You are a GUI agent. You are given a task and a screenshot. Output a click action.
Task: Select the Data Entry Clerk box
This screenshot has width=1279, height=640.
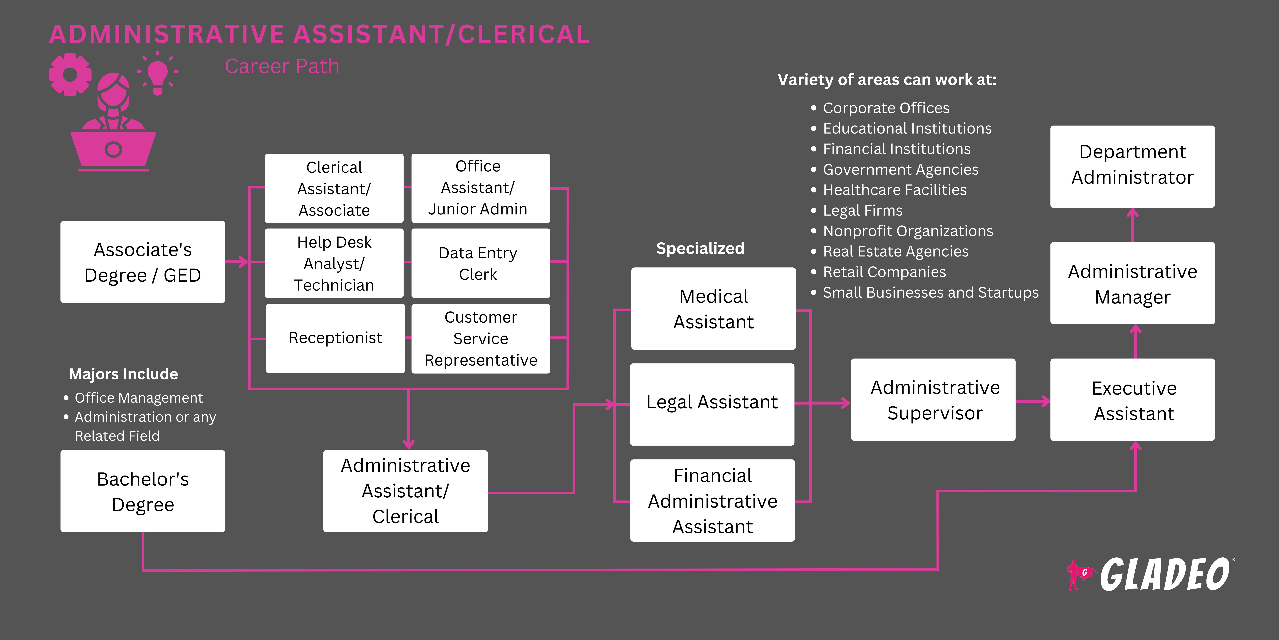click(x=480, y=263)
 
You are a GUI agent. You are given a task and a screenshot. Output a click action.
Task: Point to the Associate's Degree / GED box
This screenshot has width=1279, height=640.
click(x=142, y=262)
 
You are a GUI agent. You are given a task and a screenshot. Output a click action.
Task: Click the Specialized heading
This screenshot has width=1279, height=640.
click(x=700, y=249)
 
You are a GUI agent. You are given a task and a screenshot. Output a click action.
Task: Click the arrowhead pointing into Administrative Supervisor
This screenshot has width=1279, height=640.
click(x=845, y=403)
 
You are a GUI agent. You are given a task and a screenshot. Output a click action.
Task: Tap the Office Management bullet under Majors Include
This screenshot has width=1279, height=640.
click(x=139, y=398)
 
